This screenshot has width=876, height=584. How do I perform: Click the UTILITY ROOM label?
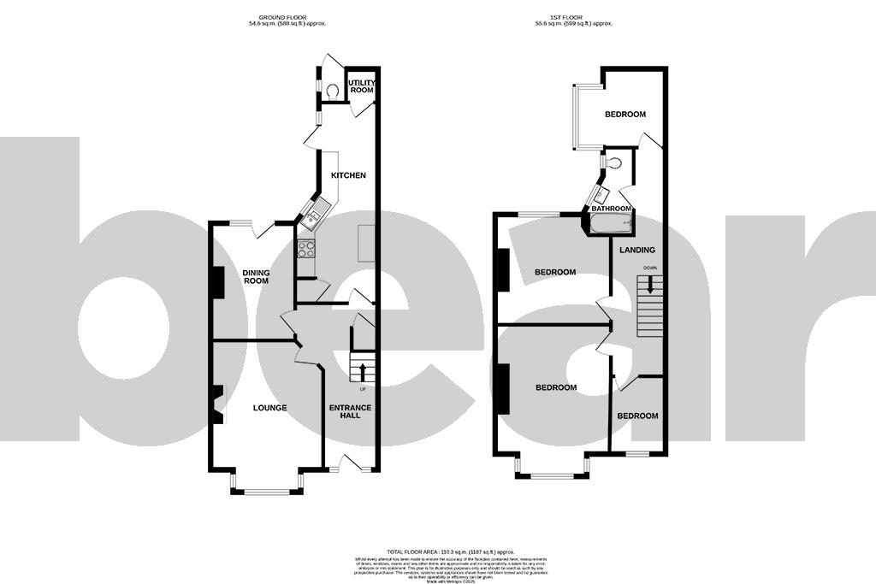[x=361, y=86]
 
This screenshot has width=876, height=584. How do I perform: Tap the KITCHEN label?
[x=348, y=175]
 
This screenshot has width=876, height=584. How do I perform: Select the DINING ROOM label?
[x=256, y=276]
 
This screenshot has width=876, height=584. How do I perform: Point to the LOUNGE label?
[x=269, y=408]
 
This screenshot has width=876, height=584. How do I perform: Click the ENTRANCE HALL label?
[x=351, y=412]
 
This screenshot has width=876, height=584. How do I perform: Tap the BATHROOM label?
[x=611, y=209]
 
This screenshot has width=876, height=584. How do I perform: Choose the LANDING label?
[x=637, y=250]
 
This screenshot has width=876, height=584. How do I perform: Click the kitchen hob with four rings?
[x=305, y=248]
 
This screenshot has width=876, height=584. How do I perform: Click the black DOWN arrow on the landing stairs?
[x=650, y=285]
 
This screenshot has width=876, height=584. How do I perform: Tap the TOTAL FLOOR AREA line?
[x=438, y=552]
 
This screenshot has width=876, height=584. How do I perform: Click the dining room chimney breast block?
[x=217, y=282]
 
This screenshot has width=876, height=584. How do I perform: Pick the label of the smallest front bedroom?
[x=638, y=416]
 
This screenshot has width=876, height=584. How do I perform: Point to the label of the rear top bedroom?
[x=625, y=114]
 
